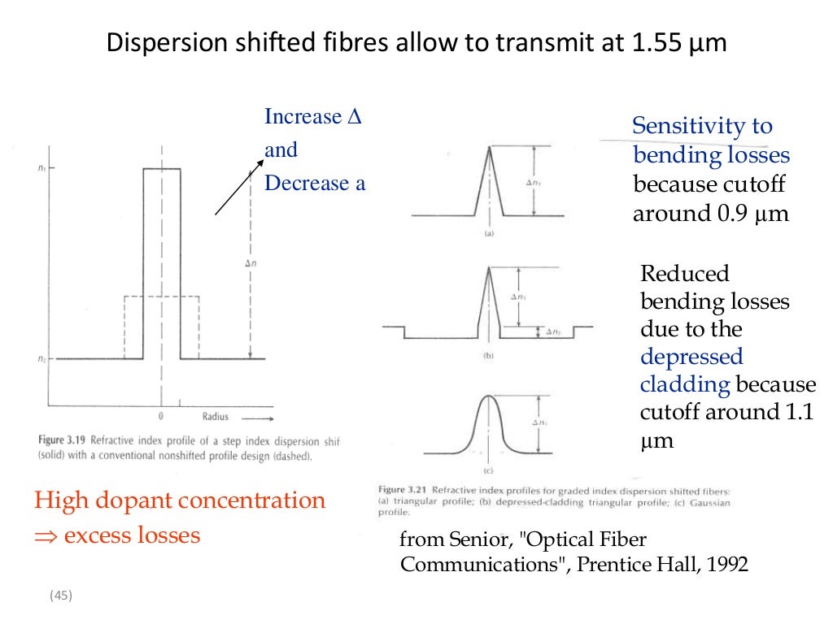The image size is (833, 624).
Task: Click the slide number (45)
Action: pos(61,596)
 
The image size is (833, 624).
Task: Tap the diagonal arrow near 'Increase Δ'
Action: pos(239,188)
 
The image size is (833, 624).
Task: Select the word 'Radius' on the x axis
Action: pos(215,417)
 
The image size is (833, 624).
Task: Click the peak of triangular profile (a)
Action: pos(490,146)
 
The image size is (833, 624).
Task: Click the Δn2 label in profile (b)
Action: pos(553,331)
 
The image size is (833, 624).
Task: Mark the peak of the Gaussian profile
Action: pos(488,396)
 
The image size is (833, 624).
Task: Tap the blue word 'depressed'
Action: pos(691,357)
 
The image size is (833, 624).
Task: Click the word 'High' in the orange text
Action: pos(58,500)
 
